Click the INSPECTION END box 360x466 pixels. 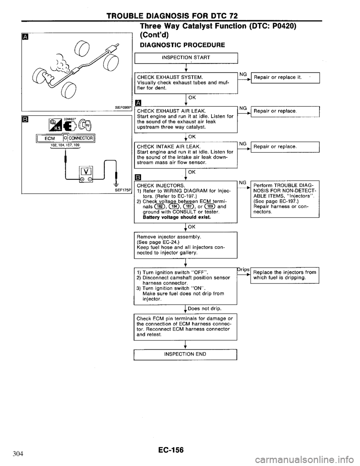point(186,354)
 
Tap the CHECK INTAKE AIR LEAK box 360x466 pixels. point(186,154)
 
